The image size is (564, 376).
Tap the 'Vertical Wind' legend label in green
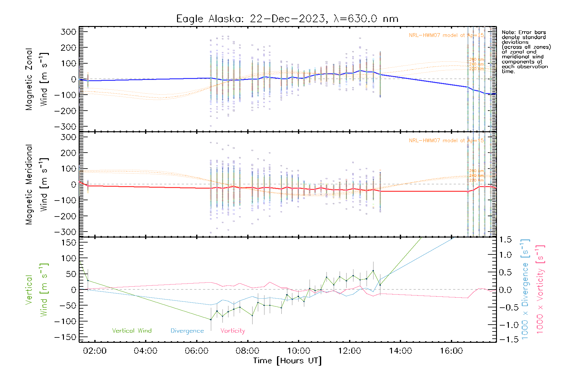tap(132, 331)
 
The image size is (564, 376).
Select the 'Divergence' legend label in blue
tap(187, 331)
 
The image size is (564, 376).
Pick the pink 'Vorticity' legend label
tap(232, 331)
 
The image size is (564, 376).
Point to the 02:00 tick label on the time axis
tap(95, 351)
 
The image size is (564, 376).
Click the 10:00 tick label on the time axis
tap(298, 351)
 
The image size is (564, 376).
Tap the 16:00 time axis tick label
tap(451, 351)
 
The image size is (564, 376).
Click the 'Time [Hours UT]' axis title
tap(287, 361)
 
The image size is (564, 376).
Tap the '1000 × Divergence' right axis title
tap(525, 289)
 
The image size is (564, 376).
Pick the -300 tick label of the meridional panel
tap(65, 232)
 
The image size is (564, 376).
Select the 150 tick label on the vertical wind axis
tap(69, 243)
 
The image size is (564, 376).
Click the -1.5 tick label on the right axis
tap(505, 339)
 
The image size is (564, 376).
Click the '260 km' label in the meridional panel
tap(476, 171)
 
